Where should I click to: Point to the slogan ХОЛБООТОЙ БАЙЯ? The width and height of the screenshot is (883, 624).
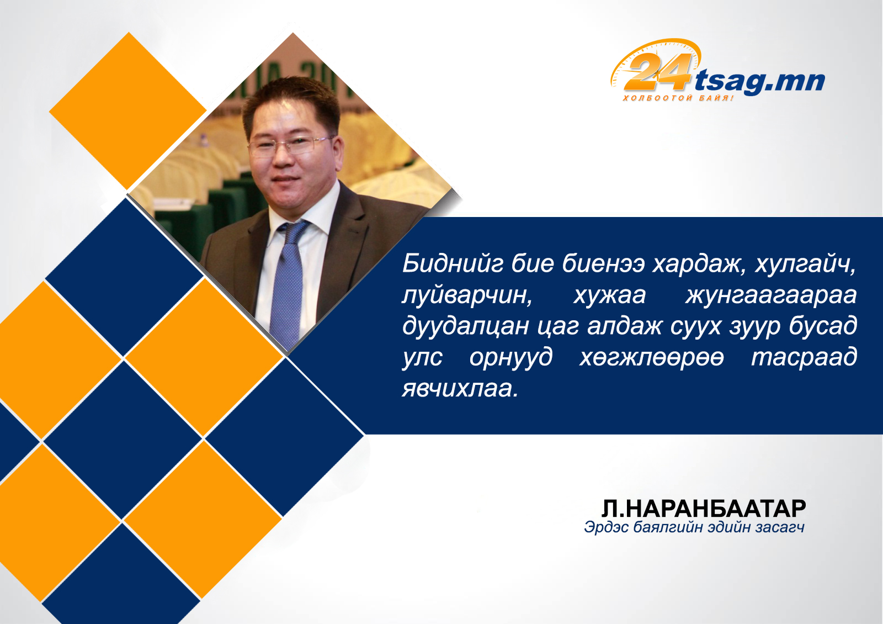click(x=678, y=98)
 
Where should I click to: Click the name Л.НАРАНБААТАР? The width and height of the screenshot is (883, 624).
click(x=704, y=509)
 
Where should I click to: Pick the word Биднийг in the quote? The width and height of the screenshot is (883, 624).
click(x=453, y=265)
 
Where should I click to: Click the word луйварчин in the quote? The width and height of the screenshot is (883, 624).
click(x=467, y=296)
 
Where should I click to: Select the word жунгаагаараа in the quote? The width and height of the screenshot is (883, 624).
click(x=771, y=296)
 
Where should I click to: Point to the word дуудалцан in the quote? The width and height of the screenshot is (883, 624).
click(x=466, y=327)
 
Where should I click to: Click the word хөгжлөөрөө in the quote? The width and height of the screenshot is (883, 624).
click(x=652, y=358)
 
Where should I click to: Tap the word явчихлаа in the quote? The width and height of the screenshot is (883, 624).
click(x=460, y=389)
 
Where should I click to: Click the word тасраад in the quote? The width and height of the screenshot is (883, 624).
click(x=804, y=358)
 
